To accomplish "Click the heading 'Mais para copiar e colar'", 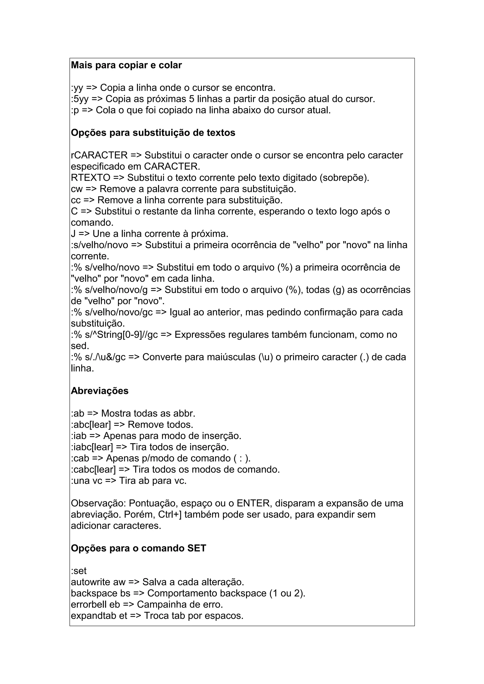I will pos(126,65).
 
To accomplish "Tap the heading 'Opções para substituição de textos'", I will pos(153,133).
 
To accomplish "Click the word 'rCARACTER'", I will pos(99,155).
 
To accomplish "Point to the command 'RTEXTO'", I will pos(91,178).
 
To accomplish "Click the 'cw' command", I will pos(77,189).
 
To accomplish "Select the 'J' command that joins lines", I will pos(73,234).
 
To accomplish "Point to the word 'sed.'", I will pos(80,346).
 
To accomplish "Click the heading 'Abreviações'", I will pos(99,391).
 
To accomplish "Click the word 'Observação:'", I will pos(98,503).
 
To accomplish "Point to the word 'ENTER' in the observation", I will pos(253,503).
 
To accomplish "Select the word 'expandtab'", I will pos(93,616).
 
